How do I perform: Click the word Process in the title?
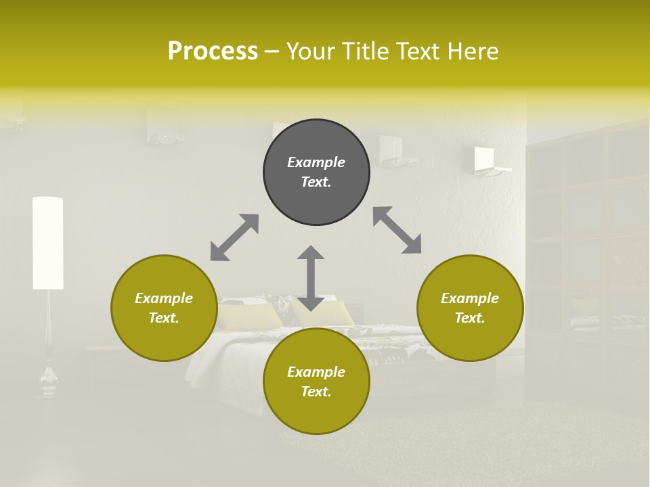213,51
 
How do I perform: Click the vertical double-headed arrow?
311,278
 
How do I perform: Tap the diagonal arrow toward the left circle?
234,237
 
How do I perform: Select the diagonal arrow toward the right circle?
397,230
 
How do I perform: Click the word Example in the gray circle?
316,162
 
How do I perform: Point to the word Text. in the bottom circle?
316,392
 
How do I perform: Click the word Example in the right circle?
470,298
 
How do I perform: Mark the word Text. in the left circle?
164,318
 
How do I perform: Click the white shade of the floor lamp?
48,243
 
